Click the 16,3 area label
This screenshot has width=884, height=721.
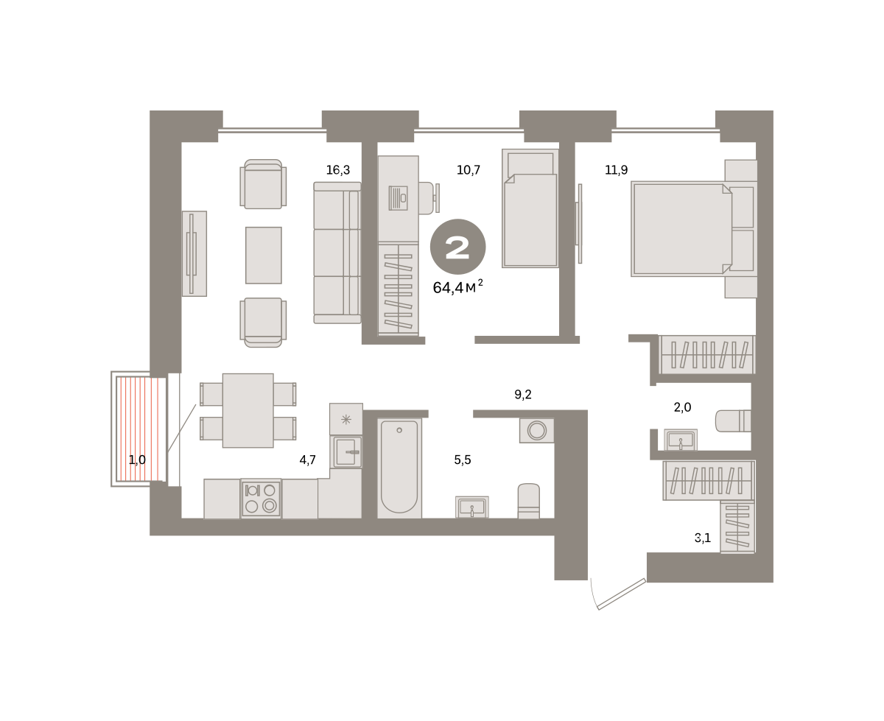[x=337, y=170]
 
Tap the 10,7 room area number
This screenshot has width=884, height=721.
[x=469, y=170]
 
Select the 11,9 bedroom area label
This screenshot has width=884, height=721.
[x=616, y=170]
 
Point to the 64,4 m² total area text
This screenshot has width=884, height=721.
[x=457, y=287]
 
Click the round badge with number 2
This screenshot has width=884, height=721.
[x=457, y=247]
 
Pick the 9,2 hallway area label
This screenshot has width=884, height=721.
[x=523, y=394]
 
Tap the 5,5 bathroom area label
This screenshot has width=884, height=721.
[x=463, y=460]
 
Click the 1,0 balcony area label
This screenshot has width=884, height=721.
[x=137, y=460]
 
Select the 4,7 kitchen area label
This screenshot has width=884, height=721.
[x=307, y=460]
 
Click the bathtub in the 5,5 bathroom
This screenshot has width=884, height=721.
[x=399, y=468]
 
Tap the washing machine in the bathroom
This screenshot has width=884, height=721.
[x=536, y=430]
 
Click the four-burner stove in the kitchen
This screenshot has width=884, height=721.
[x=261, y=499]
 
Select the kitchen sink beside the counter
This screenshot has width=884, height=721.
[x=345, y=451]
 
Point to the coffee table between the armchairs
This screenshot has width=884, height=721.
[x=263, y=255]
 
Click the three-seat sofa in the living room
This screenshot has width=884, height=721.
[x=337, y=253]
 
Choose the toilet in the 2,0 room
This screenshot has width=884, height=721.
[x=733, y=421]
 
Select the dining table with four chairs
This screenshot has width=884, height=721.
[x=248, y=410]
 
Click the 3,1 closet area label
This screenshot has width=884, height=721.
[x=703, y=538]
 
